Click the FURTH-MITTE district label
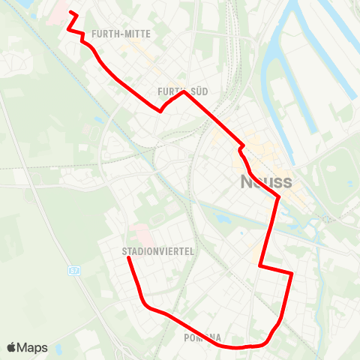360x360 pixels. click(121, 34)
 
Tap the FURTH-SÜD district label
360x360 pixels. click(182, 91)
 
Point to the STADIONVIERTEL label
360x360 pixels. click(157, 252)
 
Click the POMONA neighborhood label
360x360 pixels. click(202, 338)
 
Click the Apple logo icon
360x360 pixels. click(12, 347)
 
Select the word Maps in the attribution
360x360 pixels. click(34, 348)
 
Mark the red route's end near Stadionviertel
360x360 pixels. click(128, 258)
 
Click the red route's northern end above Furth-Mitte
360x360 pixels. click(71, 13)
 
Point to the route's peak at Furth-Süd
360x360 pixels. click(183, 92)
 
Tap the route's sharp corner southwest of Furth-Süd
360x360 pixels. click(160, 111)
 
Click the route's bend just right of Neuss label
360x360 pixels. click(279, 198)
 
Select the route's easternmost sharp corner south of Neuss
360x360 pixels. click(291, 274)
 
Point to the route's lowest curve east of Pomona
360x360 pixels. click(240, 348)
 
